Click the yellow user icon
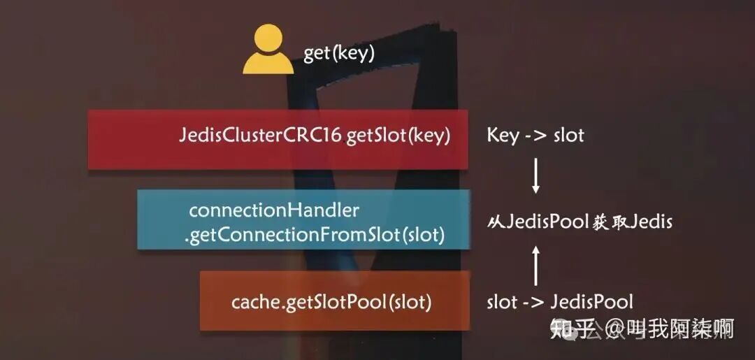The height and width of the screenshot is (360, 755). coord(268,50)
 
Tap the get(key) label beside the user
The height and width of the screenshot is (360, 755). coord(339,54)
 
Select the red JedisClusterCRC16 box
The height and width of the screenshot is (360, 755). coord(278,138)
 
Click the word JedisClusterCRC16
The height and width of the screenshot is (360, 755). coord(261,136)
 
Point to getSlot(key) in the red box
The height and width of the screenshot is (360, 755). coord(397,136)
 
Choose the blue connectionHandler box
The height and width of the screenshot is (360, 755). coord(303,219)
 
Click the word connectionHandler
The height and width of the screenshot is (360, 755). coord(274,210)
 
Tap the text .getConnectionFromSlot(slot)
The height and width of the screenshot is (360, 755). coord(315,236)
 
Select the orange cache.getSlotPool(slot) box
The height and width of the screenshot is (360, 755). coord(334,301)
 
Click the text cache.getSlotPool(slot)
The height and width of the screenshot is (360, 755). coord(331,303)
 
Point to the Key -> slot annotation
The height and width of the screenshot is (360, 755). coord(535,136)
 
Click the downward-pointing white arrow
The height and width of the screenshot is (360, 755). coord(536,175)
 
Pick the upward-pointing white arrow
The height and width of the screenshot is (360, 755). coord(536,265)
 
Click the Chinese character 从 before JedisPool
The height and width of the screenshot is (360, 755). coord(494,222)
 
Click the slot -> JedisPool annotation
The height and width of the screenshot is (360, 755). coord(560,302)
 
